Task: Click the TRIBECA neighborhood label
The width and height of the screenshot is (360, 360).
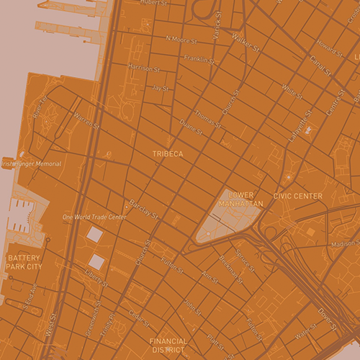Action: point(168,154)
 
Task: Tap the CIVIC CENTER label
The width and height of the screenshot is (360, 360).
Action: point(298,196)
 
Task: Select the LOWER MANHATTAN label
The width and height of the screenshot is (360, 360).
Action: point(246,199)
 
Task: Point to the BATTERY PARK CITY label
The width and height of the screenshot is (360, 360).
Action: point(24,262)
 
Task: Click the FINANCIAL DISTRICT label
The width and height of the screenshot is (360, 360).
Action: point(168,346)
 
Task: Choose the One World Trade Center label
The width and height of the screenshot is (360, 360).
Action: point(94,217)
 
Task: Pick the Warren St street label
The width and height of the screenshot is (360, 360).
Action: point(86,119)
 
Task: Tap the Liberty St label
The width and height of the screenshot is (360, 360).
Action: point(96,278)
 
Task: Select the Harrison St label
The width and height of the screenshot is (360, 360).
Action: point(143,68)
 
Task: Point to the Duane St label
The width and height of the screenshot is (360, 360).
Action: point(191,127)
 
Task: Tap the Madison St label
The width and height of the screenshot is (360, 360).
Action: point(345,243)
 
